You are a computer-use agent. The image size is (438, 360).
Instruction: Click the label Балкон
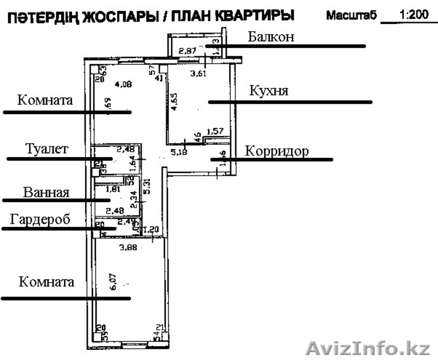coord(271,37)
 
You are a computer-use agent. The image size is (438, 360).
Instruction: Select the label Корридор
coord(277,151)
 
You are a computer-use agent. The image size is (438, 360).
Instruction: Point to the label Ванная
coord(46,193)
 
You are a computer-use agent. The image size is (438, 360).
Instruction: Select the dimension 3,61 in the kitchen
coord(199,74)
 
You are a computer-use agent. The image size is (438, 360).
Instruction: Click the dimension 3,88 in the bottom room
coord(128,247)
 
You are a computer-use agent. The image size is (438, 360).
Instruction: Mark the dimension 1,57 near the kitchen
coord(215,131)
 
